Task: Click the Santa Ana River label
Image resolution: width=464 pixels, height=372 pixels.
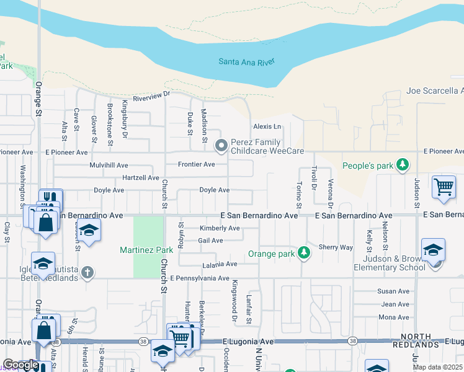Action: pyautogui.click(x=246, y=61)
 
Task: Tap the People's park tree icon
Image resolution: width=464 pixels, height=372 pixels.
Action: pyautogui.click(x=403, y=165)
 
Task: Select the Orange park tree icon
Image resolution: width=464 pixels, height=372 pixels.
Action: pyautogui.click(x=303, y=252)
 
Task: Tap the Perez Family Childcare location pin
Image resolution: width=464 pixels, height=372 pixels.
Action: pyautogui.click(x=221, y=146)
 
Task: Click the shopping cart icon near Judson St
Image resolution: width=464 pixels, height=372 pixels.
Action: pyautogui.click(x=444, y=186)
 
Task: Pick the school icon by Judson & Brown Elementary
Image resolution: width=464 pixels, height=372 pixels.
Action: pyautogui.click(x=433, y=250)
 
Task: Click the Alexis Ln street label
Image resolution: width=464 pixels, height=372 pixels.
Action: pyautogui.click(x=267, y=126)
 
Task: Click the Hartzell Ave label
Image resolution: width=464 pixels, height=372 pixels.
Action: pyautogui.click(x=141, y=177)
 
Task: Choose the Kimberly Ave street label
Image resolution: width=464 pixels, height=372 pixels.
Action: pyautogui.click(x=219, y=228)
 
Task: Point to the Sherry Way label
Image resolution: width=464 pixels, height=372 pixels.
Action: pyautogui.click(x=336, y=247)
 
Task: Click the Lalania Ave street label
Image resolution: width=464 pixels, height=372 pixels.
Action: pyautogui.click(x=220, y=264)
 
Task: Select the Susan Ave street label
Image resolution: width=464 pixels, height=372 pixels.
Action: pyautogui.click(x=394, y=291)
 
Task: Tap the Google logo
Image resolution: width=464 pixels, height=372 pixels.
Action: pyautogui.click(x=20, y=365)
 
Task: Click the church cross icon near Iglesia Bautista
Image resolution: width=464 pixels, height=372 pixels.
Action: pyautogui.click(x=87, y=272)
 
